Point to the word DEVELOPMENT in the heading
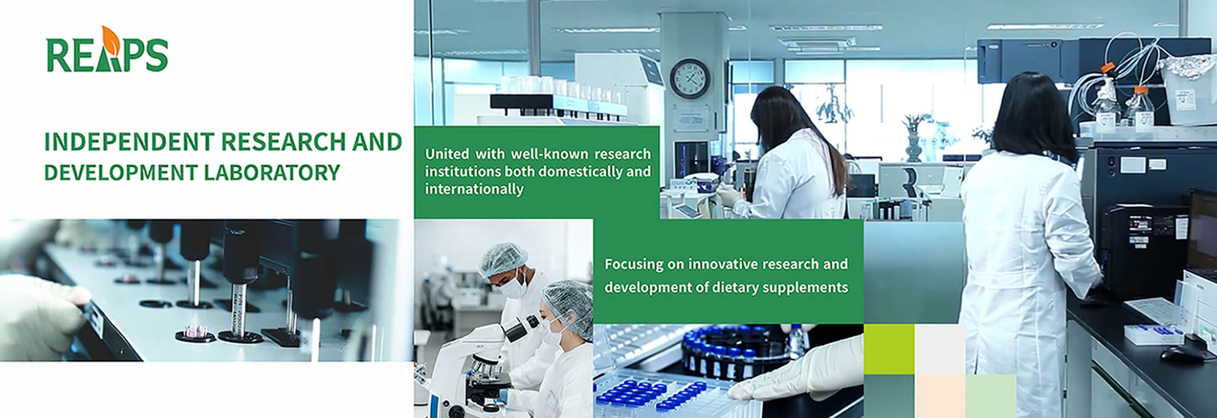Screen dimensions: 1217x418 [x=120, y=173]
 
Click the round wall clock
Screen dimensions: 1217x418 [x=690, y=78]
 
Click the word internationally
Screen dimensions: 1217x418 [x=474, y=189]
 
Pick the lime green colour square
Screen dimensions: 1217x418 [x=889, y=349]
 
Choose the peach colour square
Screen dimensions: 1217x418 [x=940, y=396]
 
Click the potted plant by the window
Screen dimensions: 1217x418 [x=915, y=136]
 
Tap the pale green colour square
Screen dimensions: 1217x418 [x=991, y=396]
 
